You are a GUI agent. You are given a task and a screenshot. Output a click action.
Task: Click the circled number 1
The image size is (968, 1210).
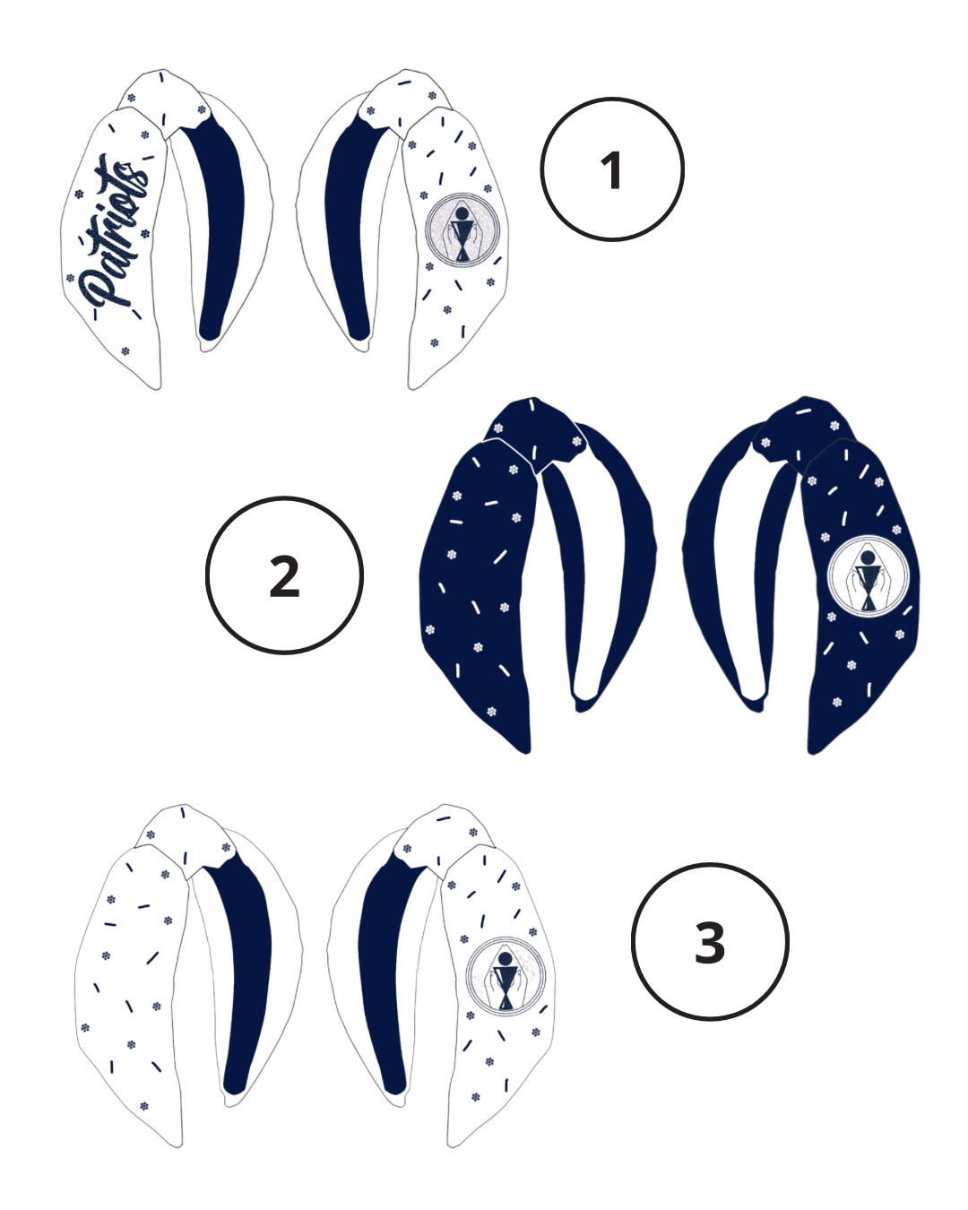(612, 169)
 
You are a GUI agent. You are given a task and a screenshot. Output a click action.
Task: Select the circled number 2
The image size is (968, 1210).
(284, 575)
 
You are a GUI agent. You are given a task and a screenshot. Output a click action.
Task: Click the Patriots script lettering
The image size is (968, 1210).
(113, 236)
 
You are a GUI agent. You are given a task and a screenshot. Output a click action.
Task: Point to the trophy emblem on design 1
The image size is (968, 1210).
(462, 229)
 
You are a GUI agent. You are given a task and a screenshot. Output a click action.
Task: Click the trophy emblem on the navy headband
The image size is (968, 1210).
(868, 576)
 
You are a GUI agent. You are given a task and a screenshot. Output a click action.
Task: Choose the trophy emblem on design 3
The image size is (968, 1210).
(506, 977)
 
